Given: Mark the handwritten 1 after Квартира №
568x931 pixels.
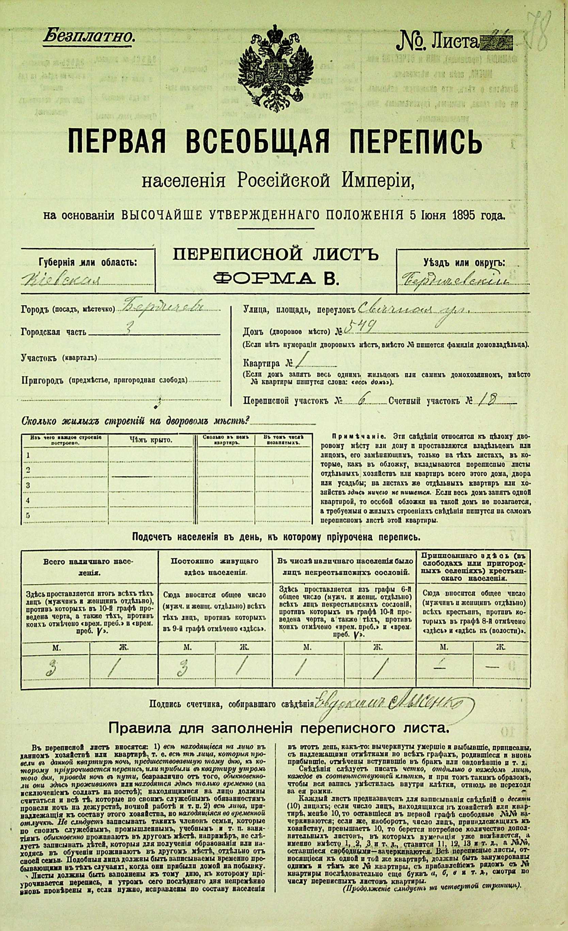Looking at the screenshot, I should click(299, 364).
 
